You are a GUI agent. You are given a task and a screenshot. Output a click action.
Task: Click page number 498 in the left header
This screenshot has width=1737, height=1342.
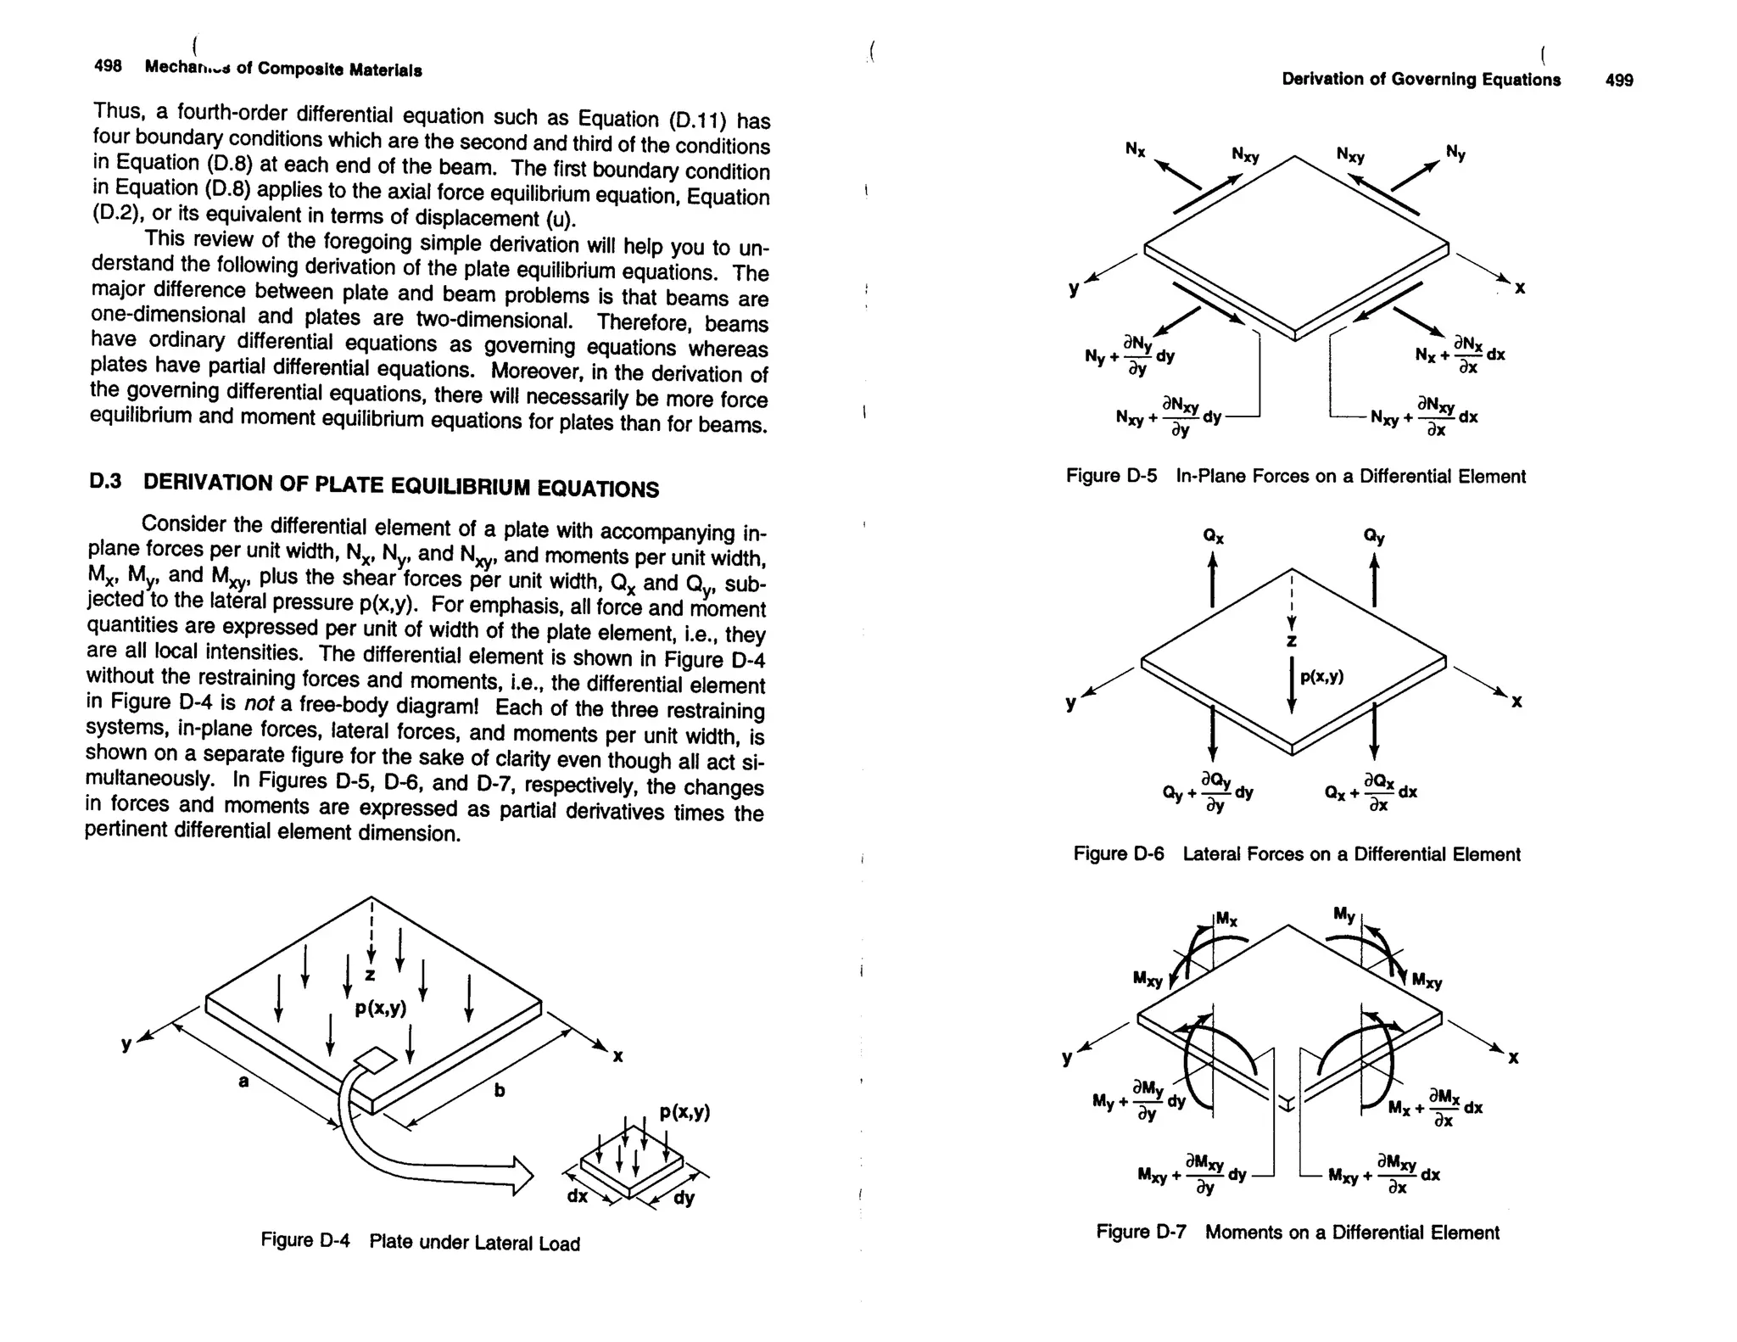pyautogui.click(x=108, y=66)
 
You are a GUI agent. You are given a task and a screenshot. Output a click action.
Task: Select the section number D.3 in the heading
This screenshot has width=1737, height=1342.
pyautogui.click(x=106, y=481)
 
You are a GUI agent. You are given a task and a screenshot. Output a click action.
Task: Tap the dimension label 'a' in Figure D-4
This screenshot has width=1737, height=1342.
pyautogui.click(x=243, y=1081)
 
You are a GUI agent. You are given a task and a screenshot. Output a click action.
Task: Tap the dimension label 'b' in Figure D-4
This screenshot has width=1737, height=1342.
pyautogui.click(x=500, y=1090)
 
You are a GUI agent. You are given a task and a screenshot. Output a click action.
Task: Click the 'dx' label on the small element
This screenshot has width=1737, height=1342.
pyautogui.click(x=578, y=1196)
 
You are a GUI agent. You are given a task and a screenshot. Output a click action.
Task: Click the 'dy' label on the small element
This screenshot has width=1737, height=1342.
pyautogui.click(x=684, y=1199)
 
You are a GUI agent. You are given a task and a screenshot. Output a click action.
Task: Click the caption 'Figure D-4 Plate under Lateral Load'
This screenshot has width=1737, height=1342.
pyautogui.click(x=420, y=1242)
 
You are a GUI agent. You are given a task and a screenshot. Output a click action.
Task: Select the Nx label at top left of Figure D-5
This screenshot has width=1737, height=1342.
pyautogui.click(x=1135, y=150)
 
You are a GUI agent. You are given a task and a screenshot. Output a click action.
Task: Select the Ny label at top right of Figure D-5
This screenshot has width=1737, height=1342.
pyautogui.click(x=1455, y=154)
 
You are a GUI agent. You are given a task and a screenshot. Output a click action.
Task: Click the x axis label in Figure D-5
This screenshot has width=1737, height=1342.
pyautogui.click(x=1520, y=288)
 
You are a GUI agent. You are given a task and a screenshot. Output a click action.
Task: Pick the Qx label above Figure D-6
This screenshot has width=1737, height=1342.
pyautogui.click(x=1213, y=536)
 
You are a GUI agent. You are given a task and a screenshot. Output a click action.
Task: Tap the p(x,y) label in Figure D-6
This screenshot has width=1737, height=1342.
pyautogui.click(x=1321, y=676)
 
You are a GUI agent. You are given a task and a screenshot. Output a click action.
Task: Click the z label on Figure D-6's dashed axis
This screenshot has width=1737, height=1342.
pyautogui.click(x=1291, y=641)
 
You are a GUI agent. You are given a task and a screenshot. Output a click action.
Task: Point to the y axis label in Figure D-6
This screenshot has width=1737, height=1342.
pyautogui.click(x=1071, y=703)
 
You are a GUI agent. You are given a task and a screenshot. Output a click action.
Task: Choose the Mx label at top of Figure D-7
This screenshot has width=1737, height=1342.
pyautogui.click(x=1226, y=920)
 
